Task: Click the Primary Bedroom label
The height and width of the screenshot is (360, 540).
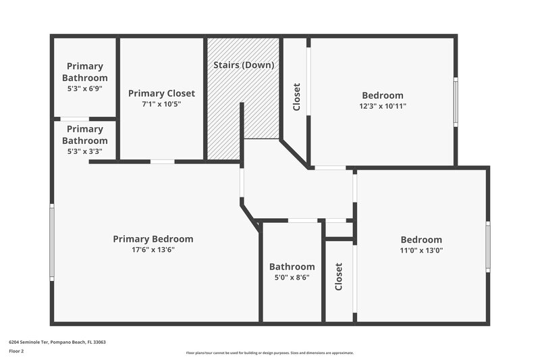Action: [153, 239]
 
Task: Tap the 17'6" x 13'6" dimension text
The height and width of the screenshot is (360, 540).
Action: [153, 250]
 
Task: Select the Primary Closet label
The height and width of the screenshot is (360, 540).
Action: [161, 93]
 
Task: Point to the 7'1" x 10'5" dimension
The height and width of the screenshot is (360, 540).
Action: [161, 104]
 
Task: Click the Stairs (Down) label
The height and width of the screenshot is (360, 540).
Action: [244, 66]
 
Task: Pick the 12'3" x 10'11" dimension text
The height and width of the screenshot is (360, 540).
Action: [383, 106]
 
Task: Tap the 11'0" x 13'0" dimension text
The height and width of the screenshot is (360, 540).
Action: [421, 250]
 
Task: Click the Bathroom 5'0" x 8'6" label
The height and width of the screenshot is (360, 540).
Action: [292, 267]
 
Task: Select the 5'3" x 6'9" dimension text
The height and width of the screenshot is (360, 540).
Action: [85, 88]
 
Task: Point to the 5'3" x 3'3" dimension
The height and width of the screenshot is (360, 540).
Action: [85, 151]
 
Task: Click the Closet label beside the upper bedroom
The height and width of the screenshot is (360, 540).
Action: [296, 97]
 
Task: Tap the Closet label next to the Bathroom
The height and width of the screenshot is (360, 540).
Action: [339, 277]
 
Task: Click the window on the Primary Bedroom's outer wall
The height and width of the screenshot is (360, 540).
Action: [52, 242]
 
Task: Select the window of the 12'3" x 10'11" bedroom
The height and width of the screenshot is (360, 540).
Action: [456, 101]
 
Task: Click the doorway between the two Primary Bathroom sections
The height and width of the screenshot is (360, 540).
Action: [74, 120]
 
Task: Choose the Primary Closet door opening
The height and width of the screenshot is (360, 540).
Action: [162, 161]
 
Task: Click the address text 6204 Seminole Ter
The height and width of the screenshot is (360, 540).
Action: [57, 342]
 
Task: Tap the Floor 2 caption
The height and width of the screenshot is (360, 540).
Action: [16, 351]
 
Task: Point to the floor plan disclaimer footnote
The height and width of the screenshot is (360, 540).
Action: [269, 353]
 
